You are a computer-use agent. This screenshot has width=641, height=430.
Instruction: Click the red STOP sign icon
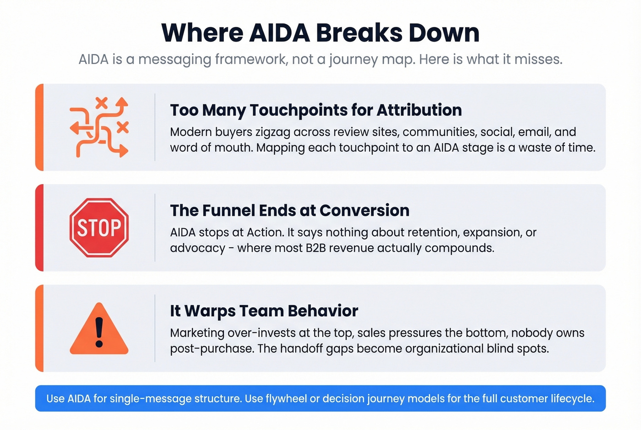[99, 228]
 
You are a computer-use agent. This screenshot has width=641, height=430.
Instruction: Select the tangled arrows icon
[99, 127]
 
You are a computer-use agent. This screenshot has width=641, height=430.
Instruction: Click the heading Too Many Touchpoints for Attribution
[316, 110]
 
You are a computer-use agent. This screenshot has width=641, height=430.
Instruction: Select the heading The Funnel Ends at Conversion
[290, 210]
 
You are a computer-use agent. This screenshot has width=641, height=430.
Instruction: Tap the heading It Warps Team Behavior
[264, 310]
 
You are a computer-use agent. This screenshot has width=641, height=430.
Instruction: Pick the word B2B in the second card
[315, 248]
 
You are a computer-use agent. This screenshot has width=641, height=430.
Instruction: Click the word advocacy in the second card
[198, 248]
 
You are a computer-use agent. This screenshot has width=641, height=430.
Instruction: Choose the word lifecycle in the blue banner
[572, 398]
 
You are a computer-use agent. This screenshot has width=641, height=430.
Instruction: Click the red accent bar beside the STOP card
[39, 228]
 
